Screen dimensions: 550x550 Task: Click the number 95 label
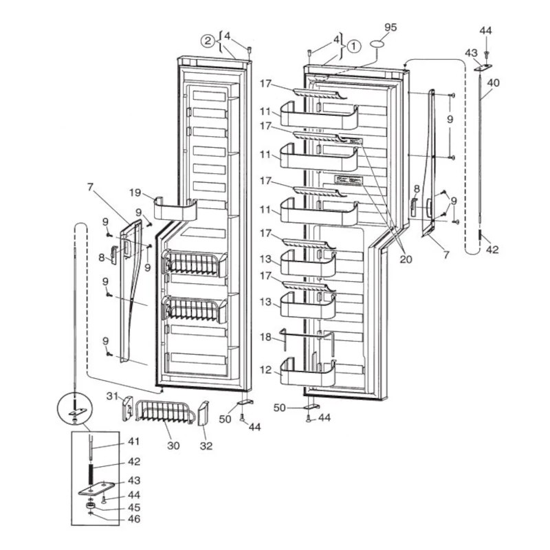(390, 27)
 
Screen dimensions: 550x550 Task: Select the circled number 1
(353, 47)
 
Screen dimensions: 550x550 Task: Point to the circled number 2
(207, 41)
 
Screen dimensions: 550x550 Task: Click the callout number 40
(493, 82)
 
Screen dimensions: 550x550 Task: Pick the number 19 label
(135, 193)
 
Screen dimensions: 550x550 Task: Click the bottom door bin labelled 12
(307, 374)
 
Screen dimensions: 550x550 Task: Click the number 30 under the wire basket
(173, 445)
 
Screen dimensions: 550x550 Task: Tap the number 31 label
(113, 395)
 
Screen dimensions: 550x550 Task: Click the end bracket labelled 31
(127, 410)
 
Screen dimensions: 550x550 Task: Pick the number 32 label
(206, 445)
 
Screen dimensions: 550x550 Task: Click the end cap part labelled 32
(203, 415)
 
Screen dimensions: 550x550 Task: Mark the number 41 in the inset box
(133, 442)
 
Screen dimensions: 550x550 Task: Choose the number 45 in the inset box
(133, 508)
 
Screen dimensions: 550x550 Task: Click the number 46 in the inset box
(133, 520)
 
